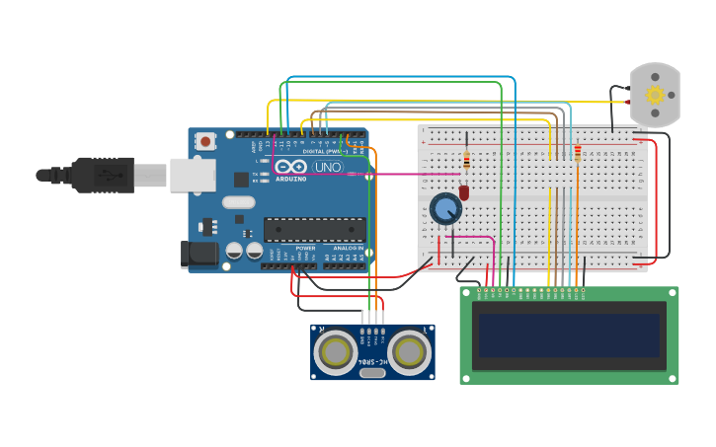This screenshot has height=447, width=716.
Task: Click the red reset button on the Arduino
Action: (205, 141)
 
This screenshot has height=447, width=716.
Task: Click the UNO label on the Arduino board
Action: (327, 168)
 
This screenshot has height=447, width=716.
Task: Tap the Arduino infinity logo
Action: (290, 167)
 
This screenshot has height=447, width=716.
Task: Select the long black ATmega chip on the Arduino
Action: (314, 230)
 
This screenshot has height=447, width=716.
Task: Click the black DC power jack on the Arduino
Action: (199, 255)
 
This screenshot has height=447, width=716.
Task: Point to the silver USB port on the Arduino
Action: (192, 175)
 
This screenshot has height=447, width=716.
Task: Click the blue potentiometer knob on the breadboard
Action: (445, 208)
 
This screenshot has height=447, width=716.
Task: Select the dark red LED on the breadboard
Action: (464, 193)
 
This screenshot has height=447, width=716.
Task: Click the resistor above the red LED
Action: (466, 160)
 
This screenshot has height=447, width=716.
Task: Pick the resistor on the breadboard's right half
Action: (577, 152)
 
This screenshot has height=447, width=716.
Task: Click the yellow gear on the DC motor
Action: (655, 95)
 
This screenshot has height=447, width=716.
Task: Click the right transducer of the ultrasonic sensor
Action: (409, 349)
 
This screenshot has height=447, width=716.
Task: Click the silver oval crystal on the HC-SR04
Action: (372, 372)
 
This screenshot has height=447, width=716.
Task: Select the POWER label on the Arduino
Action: (304, 248)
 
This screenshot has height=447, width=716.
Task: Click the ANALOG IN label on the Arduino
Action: (347, 248)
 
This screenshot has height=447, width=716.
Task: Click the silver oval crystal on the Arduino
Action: (238, 202)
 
